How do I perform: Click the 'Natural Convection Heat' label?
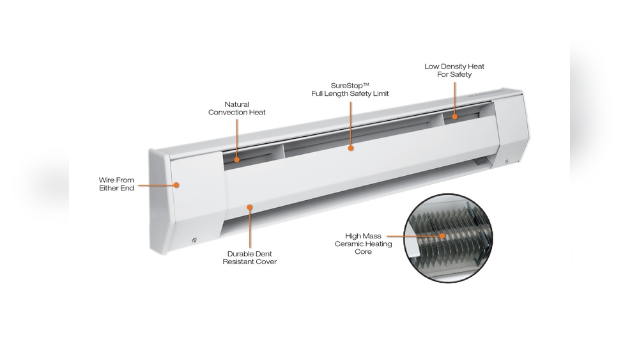pos(237,108)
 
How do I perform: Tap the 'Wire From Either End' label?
pos(116,185)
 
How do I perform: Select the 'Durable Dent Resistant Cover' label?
pos(250,257)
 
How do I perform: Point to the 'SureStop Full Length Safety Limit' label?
pos(350,89)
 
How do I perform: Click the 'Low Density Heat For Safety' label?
pos(454,70)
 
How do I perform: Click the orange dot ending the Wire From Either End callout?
pos(177,185)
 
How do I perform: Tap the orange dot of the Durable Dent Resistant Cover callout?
pos(250,207)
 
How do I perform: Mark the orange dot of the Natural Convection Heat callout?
pos(237,160)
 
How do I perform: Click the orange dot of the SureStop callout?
pos(350,148)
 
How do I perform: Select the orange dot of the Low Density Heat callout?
pos(454,116)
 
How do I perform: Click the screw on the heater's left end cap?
pos(194,240)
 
